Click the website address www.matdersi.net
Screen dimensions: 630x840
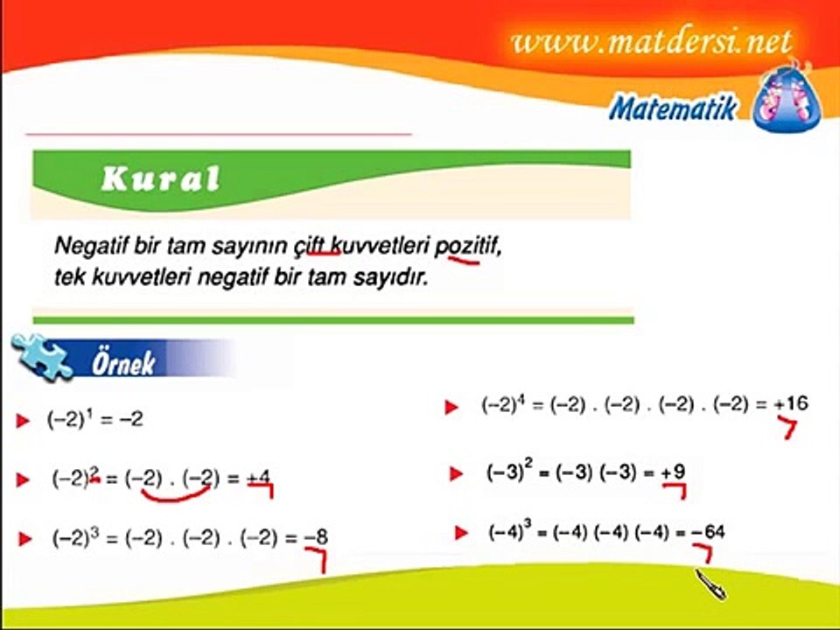coord(652,40)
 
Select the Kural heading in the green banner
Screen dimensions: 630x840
coord(160,179)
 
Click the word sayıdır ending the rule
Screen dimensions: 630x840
coord(387,281)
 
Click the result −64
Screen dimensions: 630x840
coord(707,532)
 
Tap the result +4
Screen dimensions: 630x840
coord(258,479)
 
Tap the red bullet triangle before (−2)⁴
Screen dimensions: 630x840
coord(451,407)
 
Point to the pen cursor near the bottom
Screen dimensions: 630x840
coord(710,583)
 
